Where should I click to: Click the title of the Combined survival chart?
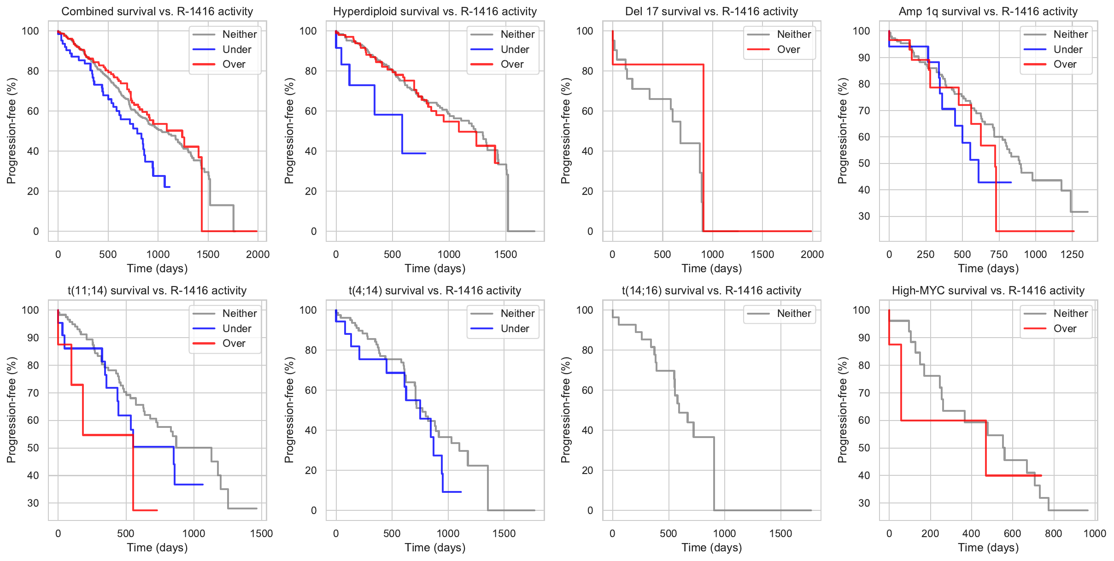(x=157, y=12)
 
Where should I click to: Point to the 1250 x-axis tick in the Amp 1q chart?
(x=1072, y=254)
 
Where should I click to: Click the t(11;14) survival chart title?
(x=157, y=291)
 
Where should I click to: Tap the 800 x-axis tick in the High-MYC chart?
(x=1053, y=533)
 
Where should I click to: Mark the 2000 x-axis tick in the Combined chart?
(x=258, y=254)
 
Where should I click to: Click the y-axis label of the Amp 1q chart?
(x=843, y=131)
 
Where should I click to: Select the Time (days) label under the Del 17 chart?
(x=711, y=269)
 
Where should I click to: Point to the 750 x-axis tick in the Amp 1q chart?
(x=999, y=254)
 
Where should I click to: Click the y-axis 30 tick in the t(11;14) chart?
(x=33, y=503)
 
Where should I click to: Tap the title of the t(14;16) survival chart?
(x=711, y=291)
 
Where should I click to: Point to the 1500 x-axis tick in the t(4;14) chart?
(x=504, y=533)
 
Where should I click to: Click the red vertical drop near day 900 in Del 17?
(x=704, y=147)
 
